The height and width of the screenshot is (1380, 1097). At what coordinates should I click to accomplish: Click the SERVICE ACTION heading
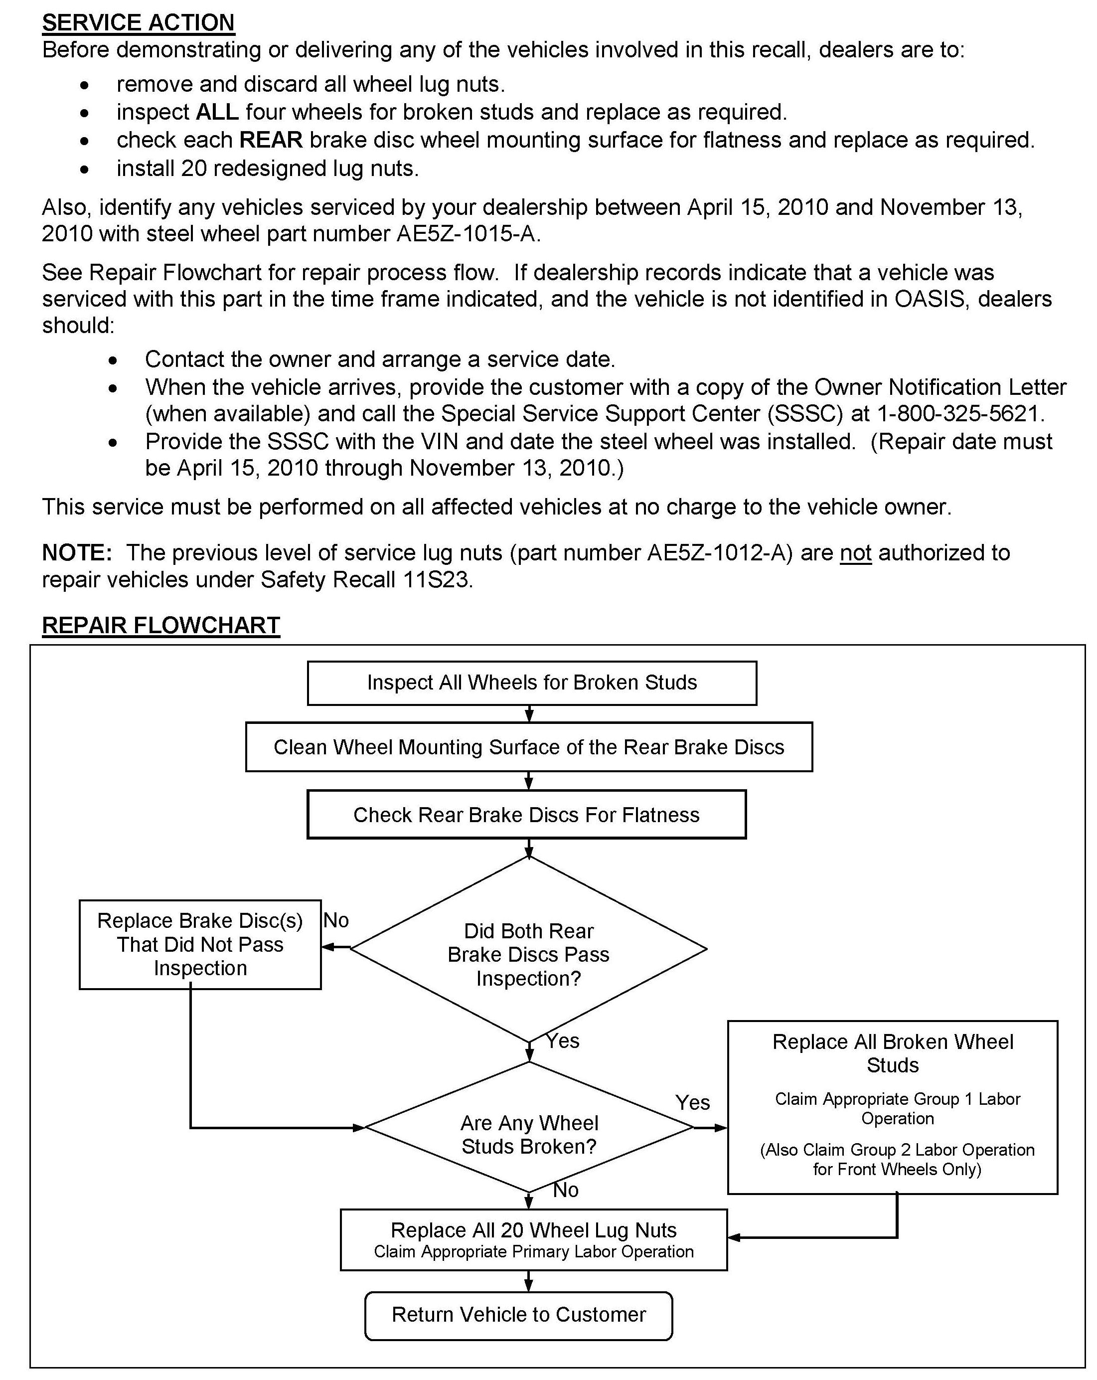pyautogui.click(x=138, y=22)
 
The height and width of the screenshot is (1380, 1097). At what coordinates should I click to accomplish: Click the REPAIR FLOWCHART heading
pyautogui.click(x=160, y=625)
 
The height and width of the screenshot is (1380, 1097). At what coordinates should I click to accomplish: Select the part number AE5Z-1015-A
pyautogui.click(x=466, y=234)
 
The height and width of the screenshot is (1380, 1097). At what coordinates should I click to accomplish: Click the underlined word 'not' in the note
pyautogui.click(x=855, y=552)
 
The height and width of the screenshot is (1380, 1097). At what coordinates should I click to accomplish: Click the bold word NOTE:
pyautogui.click(x=77, y=552)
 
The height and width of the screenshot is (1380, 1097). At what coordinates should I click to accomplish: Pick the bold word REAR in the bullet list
pyautogui.click(x=271, y=140)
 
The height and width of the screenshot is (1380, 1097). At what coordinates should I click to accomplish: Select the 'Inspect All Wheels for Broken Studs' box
pyautogui.click(x=531, y=683)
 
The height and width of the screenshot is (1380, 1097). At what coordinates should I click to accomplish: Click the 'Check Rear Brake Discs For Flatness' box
pyautogui.click(x=526, y=815)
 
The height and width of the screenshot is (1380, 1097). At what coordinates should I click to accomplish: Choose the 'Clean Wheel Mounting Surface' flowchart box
pyautogui.click(x=529, y=747)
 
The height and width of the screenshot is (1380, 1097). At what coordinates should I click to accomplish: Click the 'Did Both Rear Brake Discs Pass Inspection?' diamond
pyautogui.click(x=529, y=954)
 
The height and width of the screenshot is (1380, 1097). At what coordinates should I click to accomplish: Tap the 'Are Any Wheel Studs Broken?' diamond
pyautogui.click(x=529, y=1134)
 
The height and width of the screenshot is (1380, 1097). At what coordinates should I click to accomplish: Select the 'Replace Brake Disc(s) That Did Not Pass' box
pyautogui.click(x=200, y=944)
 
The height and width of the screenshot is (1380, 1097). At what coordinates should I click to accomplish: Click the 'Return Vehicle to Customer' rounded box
pyautogui.click(x=518, y=1314)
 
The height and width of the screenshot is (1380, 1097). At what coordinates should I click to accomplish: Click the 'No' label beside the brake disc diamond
pyautogui.click(x=336, y=920)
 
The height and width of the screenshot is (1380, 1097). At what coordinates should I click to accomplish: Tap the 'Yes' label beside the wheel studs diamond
pyautogui.click(x=692, y=1102)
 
